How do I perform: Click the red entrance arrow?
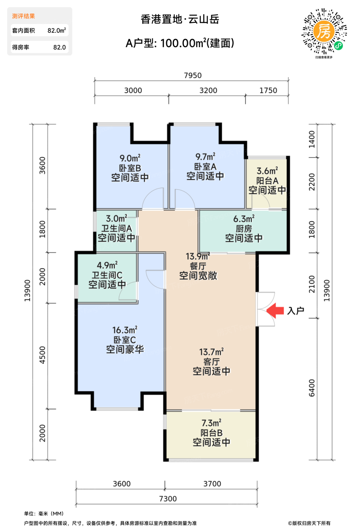tap(275, 310)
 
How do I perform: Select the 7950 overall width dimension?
tap(193, 75)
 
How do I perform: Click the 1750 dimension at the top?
tap(268, 90)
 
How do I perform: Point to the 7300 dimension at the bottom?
tap(167, 499)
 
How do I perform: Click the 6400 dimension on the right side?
tap(312, 388)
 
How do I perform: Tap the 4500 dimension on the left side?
tap(42, 355)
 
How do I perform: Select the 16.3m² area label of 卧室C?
tap(125, 330)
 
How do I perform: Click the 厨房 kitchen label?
tap(244, 229)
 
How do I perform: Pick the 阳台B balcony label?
tap(212, 433)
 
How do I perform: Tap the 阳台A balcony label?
tap(267, 181)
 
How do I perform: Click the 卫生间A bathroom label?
tap(117, 228)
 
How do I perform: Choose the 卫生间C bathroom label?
tap(107, 275)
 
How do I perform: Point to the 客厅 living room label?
tap(212, 362)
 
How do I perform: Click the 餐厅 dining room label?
tap(198, 266)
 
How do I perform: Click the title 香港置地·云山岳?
tap(180, 19)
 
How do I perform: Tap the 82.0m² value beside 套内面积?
tap(57, 30)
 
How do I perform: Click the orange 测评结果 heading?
tap(24, 16)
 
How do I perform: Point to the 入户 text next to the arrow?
tap(295, 311)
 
